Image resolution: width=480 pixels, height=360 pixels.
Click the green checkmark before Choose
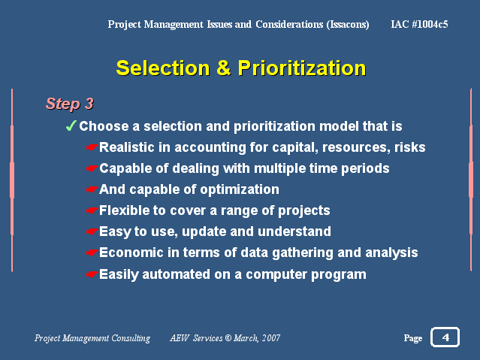click(71, 126)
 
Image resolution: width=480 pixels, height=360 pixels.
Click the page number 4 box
click(445, 337)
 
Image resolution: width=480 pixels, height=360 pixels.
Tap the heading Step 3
click(70, 104)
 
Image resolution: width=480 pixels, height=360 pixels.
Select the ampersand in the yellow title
click(224, 68)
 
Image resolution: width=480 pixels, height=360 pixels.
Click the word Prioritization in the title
click(302, 68)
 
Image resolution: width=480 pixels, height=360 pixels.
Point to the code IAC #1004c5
click(419, 24)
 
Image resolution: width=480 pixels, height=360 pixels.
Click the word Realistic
click(127, 147)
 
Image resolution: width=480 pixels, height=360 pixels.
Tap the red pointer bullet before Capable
click(92, 168)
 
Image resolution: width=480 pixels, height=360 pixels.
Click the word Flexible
click(125, 210)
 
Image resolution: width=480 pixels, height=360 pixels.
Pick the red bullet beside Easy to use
click(92, 231)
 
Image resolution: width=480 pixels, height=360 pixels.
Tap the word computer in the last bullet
click(276, 274)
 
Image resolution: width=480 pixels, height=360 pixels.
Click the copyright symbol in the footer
click(228, 338)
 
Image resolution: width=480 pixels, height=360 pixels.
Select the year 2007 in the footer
click(271, 338)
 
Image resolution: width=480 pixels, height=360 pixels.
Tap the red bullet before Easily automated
click(92, 274)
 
